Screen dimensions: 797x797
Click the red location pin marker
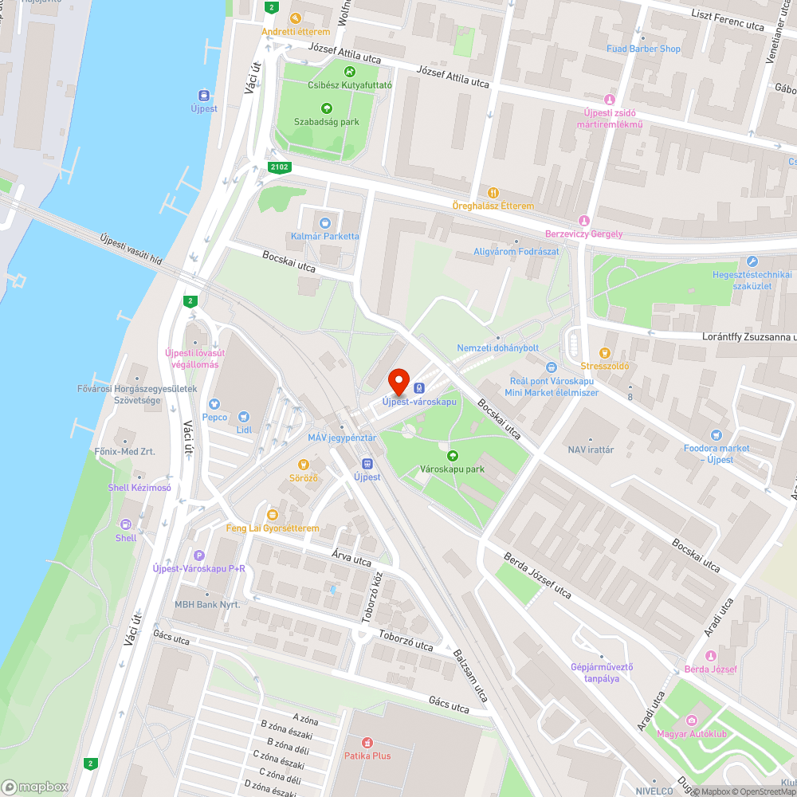point(398,381)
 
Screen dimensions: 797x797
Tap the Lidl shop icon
point(244,416)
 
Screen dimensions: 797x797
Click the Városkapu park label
point(452,469)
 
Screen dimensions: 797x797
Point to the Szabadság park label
point(327,122)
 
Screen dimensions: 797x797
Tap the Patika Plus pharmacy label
point(367,755)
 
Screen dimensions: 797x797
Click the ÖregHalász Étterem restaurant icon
point(493,193)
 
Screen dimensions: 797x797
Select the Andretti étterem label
point(296,32)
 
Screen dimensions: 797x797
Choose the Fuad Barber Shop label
point(643,49)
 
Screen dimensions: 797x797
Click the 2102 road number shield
point(279,167)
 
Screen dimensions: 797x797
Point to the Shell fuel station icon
point(126,524)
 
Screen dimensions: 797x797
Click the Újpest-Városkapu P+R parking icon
point(199,556)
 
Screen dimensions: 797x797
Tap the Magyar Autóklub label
point(692,733)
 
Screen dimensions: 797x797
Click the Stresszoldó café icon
point(604,353)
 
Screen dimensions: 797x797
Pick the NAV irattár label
point(590,450)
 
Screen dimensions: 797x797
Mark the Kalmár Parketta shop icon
point(324,223)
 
